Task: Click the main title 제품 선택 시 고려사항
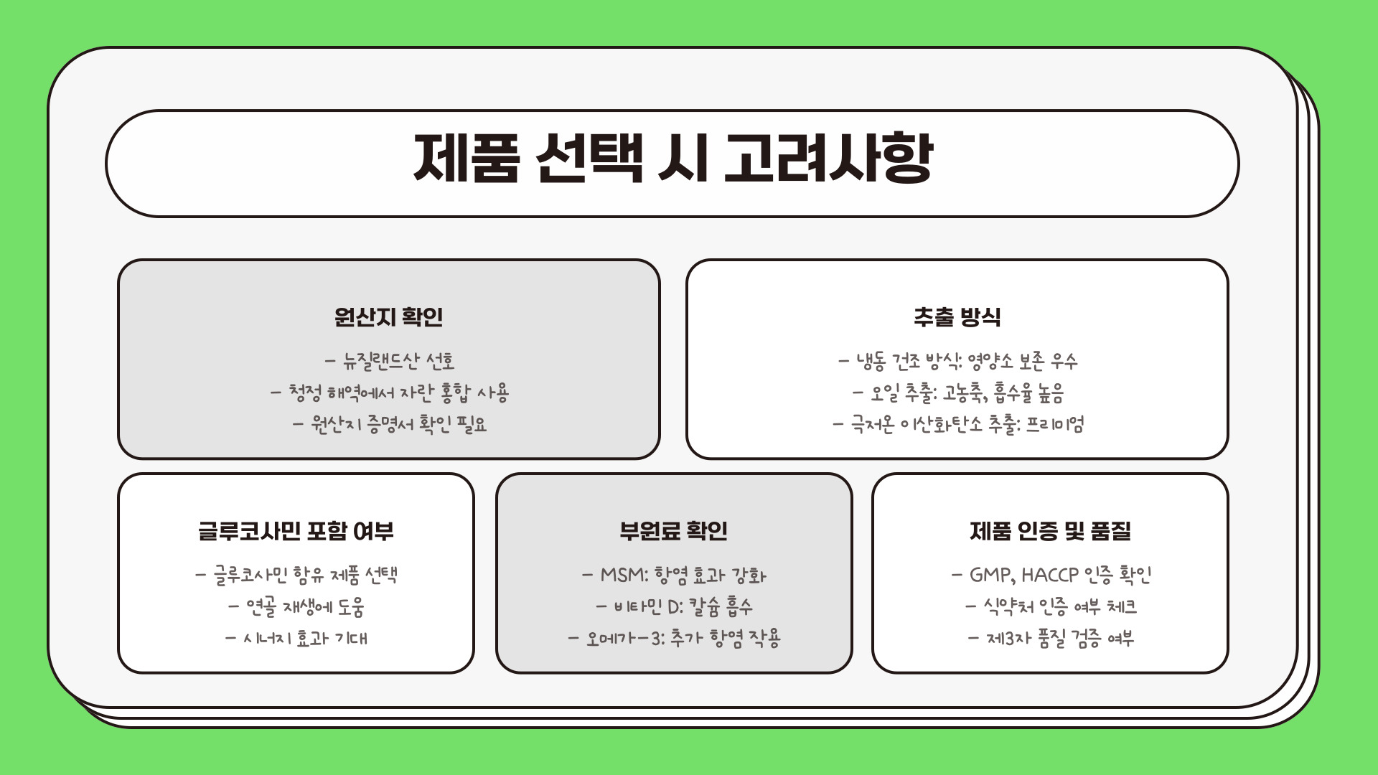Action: (672, 159)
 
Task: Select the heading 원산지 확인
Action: (388, 316)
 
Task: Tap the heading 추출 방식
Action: (957, 316)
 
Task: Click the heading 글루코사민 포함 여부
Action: (296, 531)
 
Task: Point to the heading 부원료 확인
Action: (673, 531)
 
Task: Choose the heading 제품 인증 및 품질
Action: (1050, 531)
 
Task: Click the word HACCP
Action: (1050, 576)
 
